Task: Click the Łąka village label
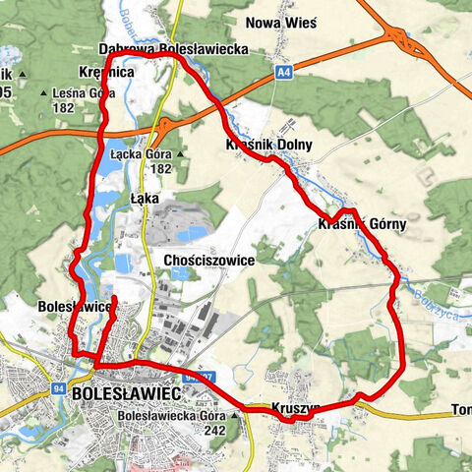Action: click(x=144, y=198)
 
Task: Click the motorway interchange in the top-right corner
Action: click(x=404, y=40)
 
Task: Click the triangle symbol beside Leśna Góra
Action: click(x=44, y=94)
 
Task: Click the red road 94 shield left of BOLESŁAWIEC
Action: click(x=59, y=389)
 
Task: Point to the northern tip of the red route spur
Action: click(x=114, y=297)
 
